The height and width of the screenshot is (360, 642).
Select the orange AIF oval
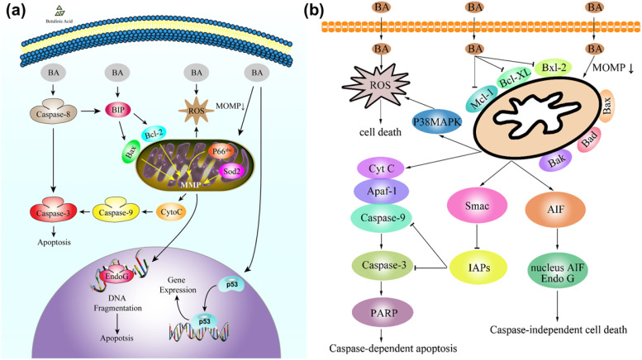(x=562, y=203)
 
